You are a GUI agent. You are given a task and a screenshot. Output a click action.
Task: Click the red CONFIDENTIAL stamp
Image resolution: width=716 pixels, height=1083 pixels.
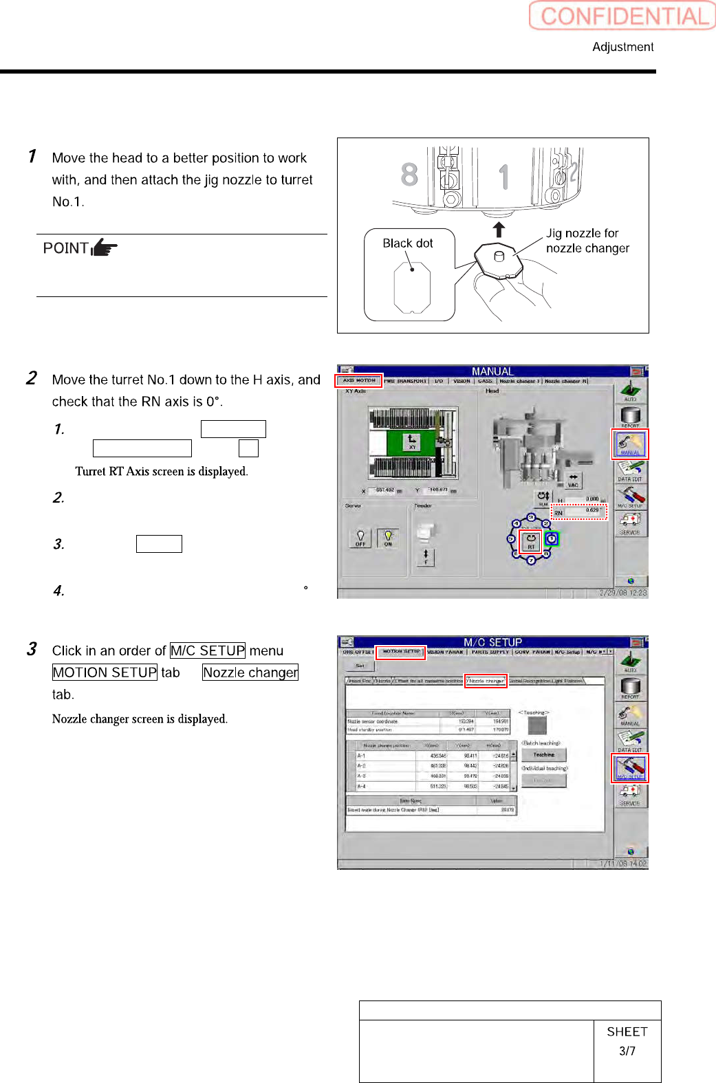[622, 16]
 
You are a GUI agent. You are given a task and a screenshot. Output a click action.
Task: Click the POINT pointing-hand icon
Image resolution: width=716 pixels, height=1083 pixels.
[104, 247]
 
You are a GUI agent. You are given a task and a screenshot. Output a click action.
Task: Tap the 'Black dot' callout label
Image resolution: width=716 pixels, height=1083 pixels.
[407, 243]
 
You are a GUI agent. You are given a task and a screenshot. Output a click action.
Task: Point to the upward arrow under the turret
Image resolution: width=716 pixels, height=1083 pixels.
[499, 230]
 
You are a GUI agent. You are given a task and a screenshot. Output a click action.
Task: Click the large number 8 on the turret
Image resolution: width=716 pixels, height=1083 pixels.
[409, 175]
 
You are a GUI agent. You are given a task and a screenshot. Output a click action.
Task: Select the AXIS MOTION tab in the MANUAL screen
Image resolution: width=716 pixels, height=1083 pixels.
[359, 380]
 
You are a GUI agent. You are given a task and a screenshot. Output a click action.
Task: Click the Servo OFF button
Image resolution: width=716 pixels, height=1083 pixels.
[360, 538]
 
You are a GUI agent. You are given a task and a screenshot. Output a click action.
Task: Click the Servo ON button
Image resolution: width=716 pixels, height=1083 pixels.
[388, 538]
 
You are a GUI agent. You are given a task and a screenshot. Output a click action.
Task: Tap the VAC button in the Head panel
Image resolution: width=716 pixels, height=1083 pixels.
[573, 480]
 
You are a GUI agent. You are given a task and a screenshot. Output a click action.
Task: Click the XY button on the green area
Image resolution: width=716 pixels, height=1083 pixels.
[412, 442]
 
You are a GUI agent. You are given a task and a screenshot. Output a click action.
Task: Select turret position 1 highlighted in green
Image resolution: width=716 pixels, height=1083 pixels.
[552, 539]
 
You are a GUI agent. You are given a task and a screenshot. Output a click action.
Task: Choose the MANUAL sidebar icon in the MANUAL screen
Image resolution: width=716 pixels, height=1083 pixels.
[630, 444]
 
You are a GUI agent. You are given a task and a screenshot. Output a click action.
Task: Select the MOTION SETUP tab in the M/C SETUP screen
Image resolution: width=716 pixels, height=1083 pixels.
[401, 652]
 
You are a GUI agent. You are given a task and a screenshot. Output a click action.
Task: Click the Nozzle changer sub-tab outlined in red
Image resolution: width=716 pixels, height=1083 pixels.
[486, 681]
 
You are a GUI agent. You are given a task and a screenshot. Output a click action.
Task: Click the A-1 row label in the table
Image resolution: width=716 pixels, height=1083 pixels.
[361, 756]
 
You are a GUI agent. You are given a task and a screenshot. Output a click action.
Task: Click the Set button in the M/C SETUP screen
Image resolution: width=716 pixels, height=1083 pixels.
[360, 666]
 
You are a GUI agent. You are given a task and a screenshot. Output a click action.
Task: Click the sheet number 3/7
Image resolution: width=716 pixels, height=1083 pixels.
[627, 1051]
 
